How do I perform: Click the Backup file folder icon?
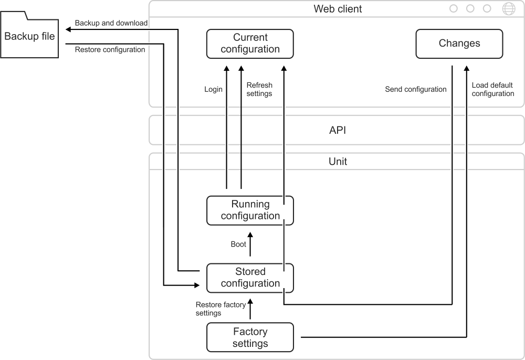click(29, 35)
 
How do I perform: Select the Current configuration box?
click(250, 44)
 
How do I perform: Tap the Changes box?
click(459, 44)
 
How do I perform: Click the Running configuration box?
click(250, 210)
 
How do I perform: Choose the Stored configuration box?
click(250, 278)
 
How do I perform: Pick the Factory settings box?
click(250, 337)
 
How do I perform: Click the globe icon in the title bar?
click(509, 9)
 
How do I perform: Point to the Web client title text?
click(338, 9)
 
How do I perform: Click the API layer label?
click(338, 130)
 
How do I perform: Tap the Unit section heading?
click(338, 162)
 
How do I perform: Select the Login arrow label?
click(213, 89)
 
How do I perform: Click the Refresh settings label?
click(259, 89)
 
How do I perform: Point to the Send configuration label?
click(415, 89)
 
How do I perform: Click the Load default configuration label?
click(493, 89)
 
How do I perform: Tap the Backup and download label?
click(111, 23)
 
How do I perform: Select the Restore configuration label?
click(110, 49)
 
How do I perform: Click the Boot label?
click(238, 244)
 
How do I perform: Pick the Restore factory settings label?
click(220, 309)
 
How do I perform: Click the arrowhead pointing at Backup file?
click(68, 29)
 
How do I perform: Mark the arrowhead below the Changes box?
click(466, 68)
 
